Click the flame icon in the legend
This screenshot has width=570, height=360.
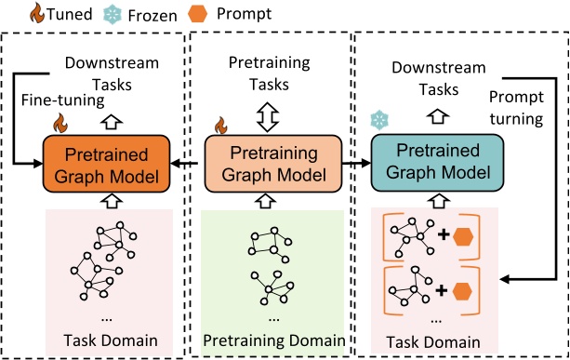(x=12, y=14)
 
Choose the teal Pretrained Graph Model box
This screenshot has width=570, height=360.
(x=437, y=164)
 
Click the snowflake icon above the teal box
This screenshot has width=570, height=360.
(x=378, y=122)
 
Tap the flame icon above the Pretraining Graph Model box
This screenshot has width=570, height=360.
(x=221, y=124)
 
